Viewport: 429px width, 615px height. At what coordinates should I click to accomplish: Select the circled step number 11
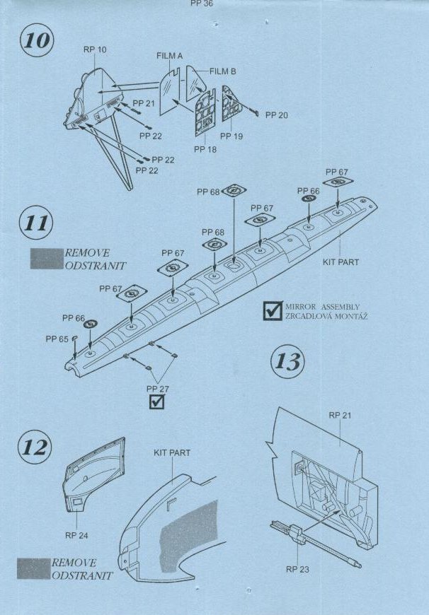(36, 223)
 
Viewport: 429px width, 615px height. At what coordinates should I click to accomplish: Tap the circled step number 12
(35, 447)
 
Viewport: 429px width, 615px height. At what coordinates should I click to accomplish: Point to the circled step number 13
(288, 361)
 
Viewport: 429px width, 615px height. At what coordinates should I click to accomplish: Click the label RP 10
(95, 49)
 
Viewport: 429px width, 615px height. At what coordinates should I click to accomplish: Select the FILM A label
(169, 56)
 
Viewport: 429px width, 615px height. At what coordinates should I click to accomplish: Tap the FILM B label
(223, 71)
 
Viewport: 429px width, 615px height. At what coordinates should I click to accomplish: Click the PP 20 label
(277, 115)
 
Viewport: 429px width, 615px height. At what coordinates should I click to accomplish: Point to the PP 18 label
(205, 149)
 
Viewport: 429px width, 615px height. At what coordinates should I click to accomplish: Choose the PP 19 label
(231, 136)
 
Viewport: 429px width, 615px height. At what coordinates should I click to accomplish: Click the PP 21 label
(144, 103)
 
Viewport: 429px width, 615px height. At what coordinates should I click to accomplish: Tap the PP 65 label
(57, 339)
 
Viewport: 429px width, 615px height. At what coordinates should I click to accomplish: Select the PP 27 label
(158, 389)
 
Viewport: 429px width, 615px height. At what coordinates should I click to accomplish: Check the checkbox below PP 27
(156, 402)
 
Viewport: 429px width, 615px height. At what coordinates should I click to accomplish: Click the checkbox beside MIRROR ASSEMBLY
(273, 310)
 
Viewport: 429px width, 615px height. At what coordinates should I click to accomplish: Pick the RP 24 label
(76, 535)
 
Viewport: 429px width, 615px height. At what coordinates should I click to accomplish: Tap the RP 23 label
(297, 569)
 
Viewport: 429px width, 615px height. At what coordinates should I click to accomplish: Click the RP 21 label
(340, 416)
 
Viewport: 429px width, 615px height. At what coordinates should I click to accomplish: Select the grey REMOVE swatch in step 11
(47, 259)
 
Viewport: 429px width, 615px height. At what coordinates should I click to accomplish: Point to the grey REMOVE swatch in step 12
(33, 569)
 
